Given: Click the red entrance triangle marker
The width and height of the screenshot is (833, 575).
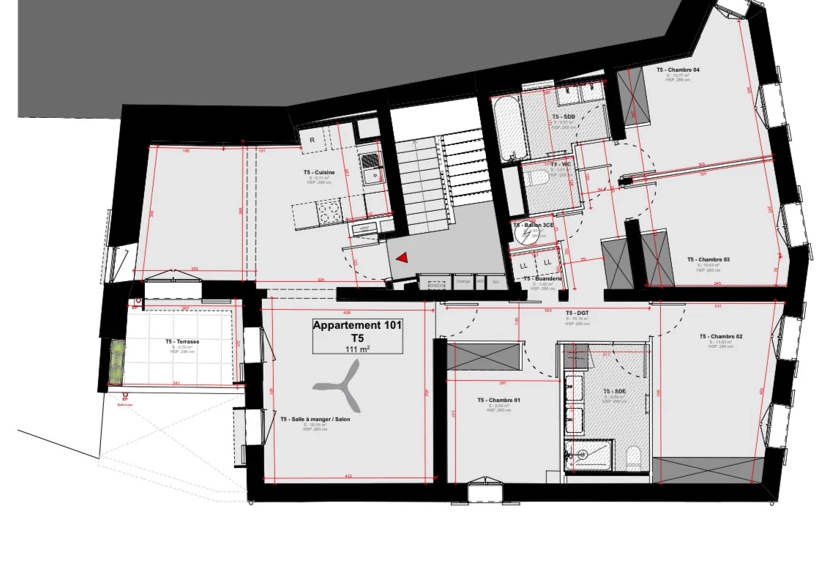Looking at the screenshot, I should point(402,258).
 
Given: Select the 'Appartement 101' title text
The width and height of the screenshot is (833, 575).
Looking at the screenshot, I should point(357,326).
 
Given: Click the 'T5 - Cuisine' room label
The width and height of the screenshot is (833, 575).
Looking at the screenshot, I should point(319,172).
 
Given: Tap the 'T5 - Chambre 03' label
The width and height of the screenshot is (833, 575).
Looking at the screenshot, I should point(708,259).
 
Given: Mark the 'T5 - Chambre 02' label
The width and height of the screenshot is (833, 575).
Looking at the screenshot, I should point(720,336).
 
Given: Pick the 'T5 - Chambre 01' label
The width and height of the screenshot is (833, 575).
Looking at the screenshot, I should point(498,400).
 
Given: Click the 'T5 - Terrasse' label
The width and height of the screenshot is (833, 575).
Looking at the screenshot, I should point(182,341).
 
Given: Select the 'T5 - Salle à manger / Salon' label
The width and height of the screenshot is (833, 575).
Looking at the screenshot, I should point(315,420).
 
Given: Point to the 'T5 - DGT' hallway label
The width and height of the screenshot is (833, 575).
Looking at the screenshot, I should point(578,313).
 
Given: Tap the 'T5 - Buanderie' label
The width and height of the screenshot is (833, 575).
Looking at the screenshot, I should point(542,278).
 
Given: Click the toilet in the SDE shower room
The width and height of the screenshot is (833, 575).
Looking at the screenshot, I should point(634,457).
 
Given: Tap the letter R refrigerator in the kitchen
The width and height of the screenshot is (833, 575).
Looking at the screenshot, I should point(312,139).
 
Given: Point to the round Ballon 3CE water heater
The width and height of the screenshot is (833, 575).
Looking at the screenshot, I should point(526,234).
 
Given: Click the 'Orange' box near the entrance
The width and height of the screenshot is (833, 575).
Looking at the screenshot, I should point(463,281).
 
